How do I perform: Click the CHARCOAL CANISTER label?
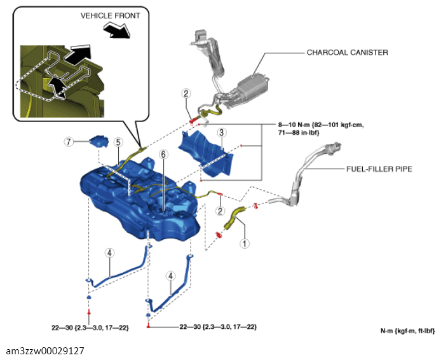point(347,52)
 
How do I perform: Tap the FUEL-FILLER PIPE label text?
point(379,169)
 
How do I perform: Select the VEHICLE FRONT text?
point(111,16)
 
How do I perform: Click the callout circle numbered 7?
point(69,142)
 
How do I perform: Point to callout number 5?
point(118,142)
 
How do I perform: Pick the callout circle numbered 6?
point(163,154)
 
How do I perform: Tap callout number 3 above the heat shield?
point(222,132)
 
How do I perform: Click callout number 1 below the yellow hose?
point(245,243)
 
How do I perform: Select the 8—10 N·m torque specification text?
point(321,128)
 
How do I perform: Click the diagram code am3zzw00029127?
point(45,350)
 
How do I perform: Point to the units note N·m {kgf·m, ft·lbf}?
point(407,331)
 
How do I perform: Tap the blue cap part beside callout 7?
point(98,141)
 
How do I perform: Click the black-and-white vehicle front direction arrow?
point(118,30)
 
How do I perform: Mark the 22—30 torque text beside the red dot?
point(218,327)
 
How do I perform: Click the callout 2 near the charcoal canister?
point(186,93)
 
